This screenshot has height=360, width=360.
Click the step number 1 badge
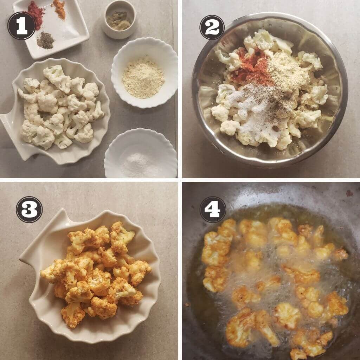tap(21, 26)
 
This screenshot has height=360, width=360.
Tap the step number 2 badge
tap(212, 27)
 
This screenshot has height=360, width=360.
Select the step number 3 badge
tap(29, 210)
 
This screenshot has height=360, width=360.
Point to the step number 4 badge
tap(213, 210)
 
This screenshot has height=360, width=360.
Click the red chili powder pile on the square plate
tap(35, 14)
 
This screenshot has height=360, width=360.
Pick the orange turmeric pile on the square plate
tap(59, 9)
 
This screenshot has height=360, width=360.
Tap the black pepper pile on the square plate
tap(45, 40)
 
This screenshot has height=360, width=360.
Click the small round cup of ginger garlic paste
tap(119, 20)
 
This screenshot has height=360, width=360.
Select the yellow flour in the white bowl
tap(143, 78)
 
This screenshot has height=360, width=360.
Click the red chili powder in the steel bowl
tap(251, 66)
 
